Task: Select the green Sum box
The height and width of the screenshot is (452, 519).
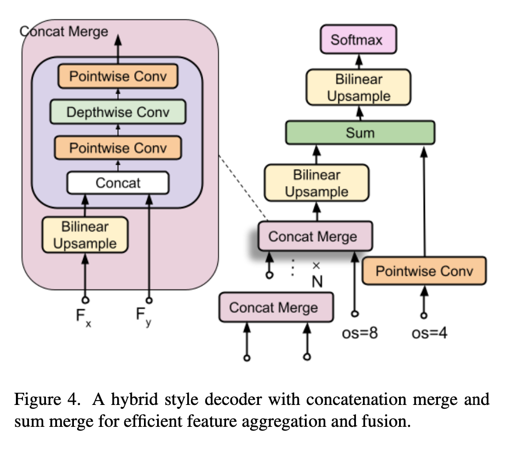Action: [x=360, y=132]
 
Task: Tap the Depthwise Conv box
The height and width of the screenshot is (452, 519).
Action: [x=118, y=112]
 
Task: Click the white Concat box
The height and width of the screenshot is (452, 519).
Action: [x=118, y=183]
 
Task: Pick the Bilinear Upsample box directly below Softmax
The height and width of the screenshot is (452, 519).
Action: [x=358, y=87]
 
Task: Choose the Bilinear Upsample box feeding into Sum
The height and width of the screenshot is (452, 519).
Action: [x=316, y=183]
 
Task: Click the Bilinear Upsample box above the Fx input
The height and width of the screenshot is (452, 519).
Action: [x=85, y=235]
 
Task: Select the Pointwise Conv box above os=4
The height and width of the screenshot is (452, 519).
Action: [x=424, y=271]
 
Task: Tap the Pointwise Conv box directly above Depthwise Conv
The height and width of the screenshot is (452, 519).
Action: [x=118, y=76]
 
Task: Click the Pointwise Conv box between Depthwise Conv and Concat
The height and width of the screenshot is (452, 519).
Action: [x=118, y=148]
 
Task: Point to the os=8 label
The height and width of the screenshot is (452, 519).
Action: [x=360, y=333]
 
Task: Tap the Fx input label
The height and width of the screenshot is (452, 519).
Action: [x=84, y=317]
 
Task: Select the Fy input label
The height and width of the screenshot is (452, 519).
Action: [x=143, y=317]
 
